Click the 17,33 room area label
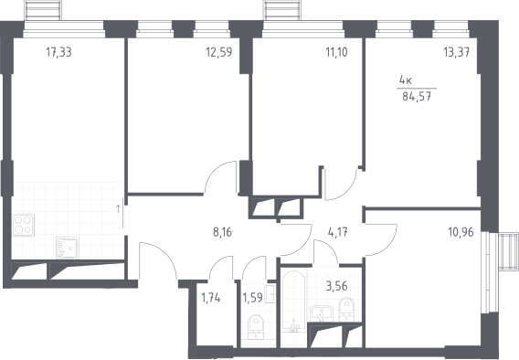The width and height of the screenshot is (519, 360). pyautogui.click(x=58, y=52)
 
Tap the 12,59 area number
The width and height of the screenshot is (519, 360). pyautogui.click(x=219, y=52)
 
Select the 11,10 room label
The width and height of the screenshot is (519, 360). pyautogui.click(x=336, y=52)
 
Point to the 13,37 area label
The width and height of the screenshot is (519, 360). pyautogui.click(x=457, y=52)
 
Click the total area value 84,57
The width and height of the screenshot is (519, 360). pyautogui.click(x=417, y=97)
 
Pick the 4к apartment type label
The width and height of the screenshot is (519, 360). pyautogui.click(x=406, y=80)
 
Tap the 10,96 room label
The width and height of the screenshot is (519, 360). pyautogui.click(x=461, y=232)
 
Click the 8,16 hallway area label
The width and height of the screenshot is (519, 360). pyautogui.click(x=222, y=232)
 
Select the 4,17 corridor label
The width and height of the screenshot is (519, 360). pyautogui.click(x=337, y=232)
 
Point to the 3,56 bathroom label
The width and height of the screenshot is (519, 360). pyautogui.click(x=336, y=286)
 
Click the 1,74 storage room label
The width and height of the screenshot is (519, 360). pyautogui.click(x=211, y=298)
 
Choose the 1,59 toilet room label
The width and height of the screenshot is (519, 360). pyautogui.click(x=252, y=298)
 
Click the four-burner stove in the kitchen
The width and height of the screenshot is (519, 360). pyautogui.click(x=23, y=225)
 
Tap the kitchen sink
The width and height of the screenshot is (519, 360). pyautogui.click(x=68, y=248)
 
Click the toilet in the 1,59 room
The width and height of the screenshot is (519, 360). pyautogui.click(x=256, y=327)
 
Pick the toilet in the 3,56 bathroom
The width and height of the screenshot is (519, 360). pyautogui.click(x=346, y=310)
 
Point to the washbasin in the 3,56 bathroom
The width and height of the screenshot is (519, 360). pyautogui.click(x=322, y=313)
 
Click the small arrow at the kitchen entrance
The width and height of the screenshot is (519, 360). pyautogui.click(x=118, y=208)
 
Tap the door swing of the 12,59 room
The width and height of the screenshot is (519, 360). pyautogui.click(x=215, y=172)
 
